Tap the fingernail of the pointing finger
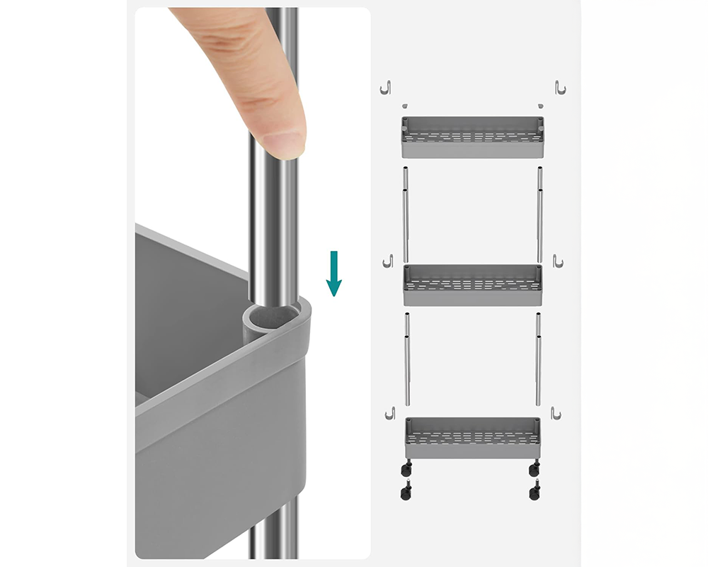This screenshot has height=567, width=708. pyautogui.click(x=285, y=144)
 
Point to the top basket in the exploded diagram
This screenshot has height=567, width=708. pyautogui.click(x=472, y=137)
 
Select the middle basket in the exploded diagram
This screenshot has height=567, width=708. pyautogui.click(x=472, y=285)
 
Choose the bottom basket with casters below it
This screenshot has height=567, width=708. pyautogui.click(x=472, y=438)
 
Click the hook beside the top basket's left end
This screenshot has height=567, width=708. pyautogui.click(x=386, y=88)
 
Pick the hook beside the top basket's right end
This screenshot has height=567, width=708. pyautogui.click(x=559, y=88)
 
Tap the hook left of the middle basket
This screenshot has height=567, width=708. pyautogui.click(x=387, y=262)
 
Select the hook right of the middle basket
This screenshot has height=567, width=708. pyautogui.click(x=558, y=262)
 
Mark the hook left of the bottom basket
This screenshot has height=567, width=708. pyautogui.click(x=389, y=412)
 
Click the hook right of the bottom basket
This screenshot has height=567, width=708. pyautogui.click(x=556, y=412)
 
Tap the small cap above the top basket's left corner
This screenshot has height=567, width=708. pyautogui.click(x=405, y=106)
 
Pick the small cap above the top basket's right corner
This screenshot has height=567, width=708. pyautogui.click(x=540, y=106)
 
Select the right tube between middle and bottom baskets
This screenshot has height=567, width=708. pyautogui.click(x=539, y=359)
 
